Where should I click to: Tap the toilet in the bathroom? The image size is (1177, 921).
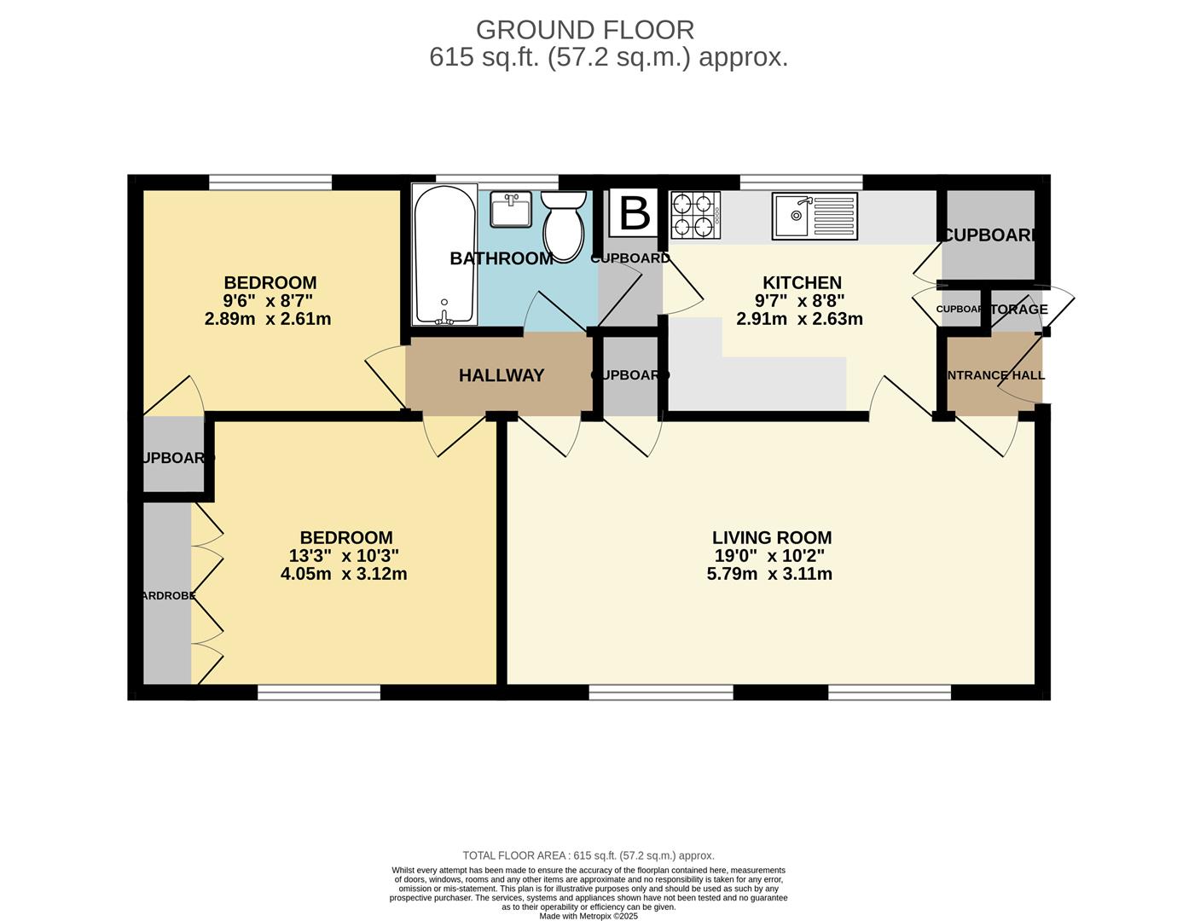point(564,224)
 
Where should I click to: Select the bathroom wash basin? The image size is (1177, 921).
point(511,209)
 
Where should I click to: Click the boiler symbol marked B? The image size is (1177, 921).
point(634,213)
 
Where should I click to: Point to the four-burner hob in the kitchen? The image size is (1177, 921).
point(695,215)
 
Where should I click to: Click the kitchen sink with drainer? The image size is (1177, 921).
point(815,216)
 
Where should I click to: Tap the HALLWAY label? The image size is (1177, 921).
point(502,375)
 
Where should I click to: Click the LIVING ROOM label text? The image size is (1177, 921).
point(772,537)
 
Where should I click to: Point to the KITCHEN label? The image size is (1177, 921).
point(802,282)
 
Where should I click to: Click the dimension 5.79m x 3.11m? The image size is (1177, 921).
point(769,574)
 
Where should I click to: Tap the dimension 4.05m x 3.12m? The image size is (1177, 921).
point(344,574)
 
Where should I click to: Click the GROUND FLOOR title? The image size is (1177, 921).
point(585,30)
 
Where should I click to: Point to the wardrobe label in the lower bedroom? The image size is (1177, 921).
point(168,596)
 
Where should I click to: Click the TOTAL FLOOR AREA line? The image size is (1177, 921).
point(588,855)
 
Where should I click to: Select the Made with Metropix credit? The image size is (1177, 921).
point(588,916)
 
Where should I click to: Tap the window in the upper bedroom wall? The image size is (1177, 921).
point(270,182)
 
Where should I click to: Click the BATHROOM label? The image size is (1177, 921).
point(502,258)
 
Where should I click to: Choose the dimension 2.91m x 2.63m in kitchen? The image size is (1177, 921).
point(799,319)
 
